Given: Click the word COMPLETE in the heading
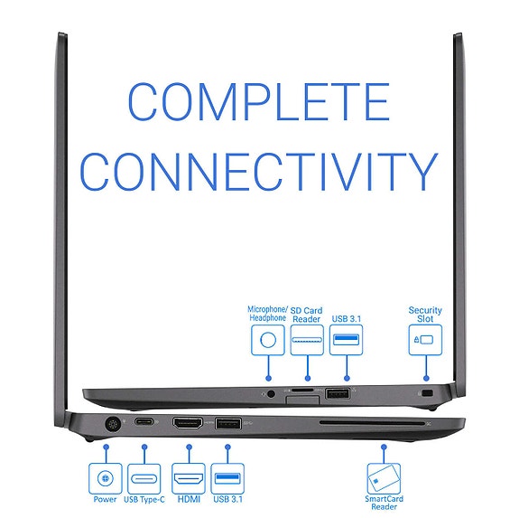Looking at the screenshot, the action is (259, 101).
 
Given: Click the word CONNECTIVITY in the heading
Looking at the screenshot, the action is (259, 172).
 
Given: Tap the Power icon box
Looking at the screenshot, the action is (106, 478).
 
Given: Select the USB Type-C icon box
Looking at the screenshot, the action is (144, 478).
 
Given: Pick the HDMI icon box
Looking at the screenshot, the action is (189, 478).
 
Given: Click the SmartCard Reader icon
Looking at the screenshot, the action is (384, 478).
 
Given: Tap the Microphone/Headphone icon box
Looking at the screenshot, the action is (268, 340).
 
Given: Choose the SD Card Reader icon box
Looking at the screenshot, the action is (307, 340).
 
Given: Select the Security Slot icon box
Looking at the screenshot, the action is (425, 340).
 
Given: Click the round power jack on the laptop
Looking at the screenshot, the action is (113, 424).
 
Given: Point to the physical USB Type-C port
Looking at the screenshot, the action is (144, 422).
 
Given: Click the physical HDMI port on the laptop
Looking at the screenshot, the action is (188, 423).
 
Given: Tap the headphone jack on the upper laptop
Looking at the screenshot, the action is (271, 394).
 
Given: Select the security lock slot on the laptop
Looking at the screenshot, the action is (428, 393).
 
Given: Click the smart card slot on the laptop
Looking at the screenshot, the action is (372, 424).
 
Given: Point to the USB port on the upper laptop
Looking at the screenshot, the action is (338, 394).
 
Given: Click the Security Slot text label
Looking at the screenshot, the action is (425, 315).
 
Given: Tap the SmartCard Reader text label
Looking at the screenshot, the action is (384, 503).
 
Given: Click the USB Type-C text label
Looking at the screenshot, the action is (144, 499).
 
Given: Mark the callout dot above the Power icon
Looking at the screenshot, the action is (106, 447).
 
